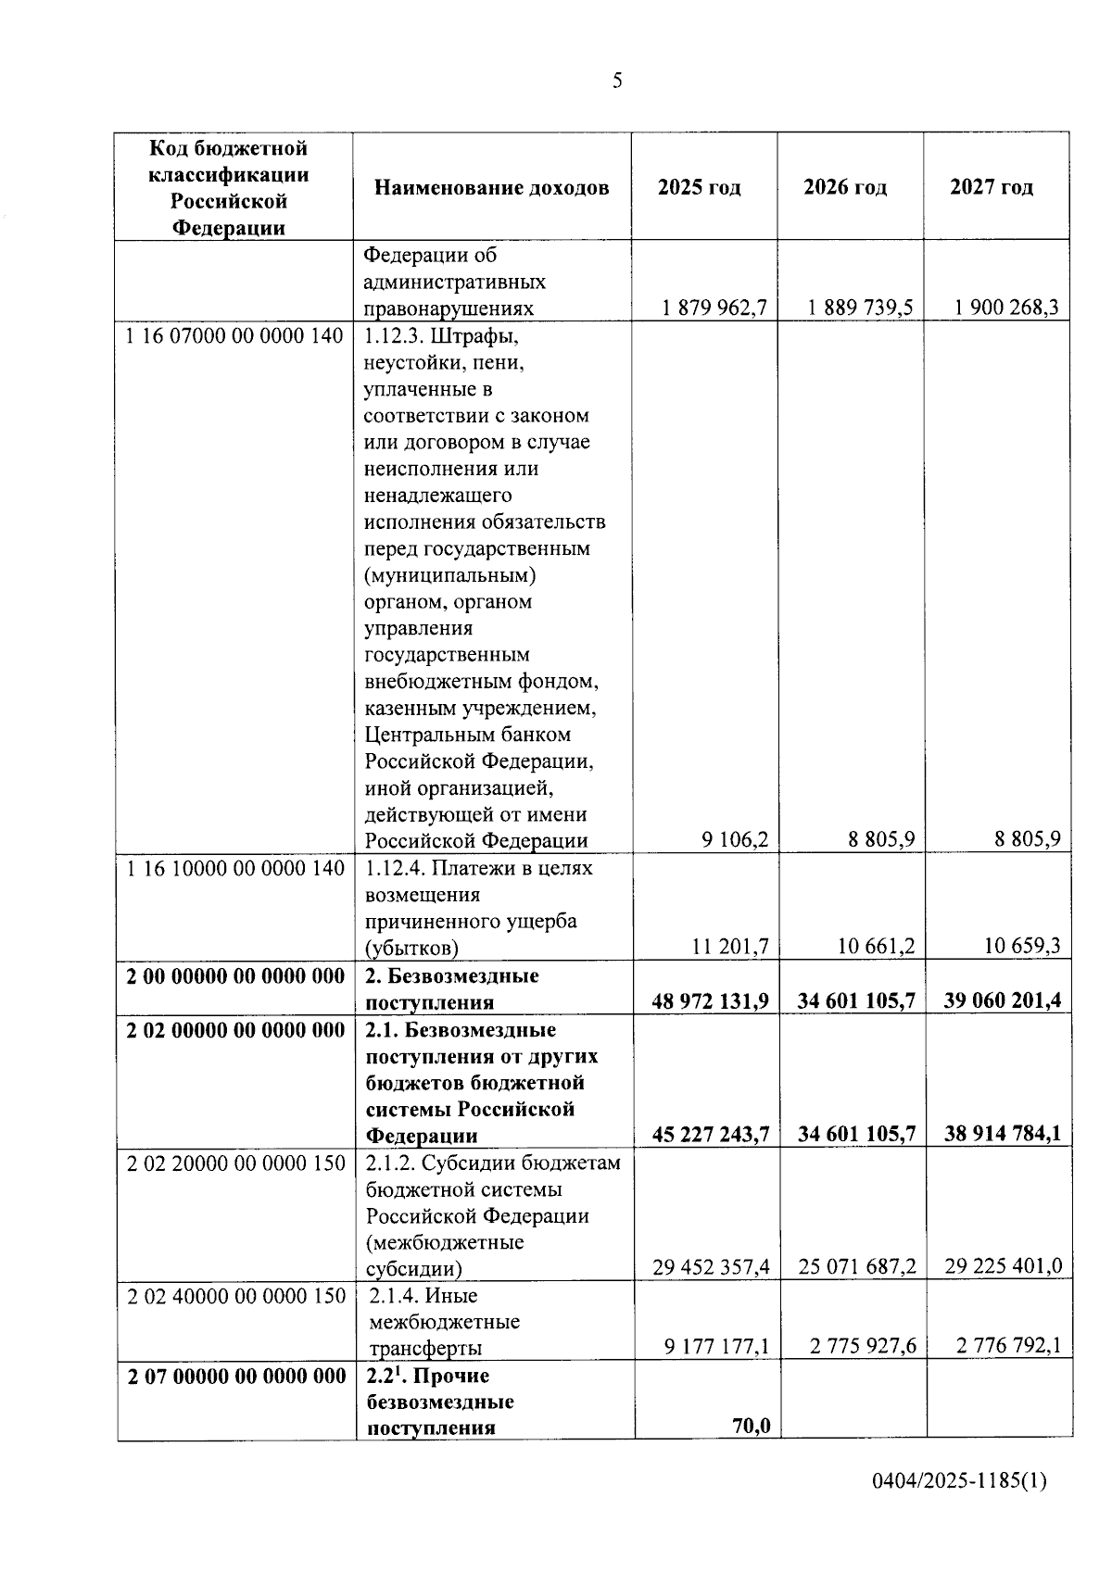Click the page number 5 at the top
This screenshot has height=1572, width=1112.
pos(617,82)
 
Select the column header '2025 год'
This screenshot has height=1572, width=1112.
pos(700,187)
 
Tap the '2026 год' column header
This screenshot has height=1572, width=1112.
pos(845,187)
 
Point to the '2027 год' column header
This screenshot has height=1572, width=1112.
pos(992,187)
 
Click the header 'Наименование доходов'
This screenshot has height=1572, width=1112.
pos(492,188)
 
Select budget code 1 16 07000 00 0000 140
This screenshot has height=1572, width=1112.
pos(234,335)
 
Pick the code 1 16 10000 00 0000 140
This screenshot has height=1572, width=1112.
pos(234,868)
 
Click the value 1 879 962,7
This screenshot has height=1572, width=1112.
pos(714,308)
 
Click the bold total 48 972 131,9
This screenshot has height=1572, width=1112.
pos(711,1000)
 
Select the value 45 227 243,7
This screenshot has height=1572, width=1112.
pos(711,1134)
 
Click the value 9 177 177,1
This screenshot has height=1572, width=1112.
pos(716,1346)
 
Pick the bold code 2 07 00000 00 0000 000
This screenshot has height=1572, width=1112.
pos(236,1377)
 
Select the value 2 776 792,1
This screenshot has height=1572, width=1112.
pos(1009,1346)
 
